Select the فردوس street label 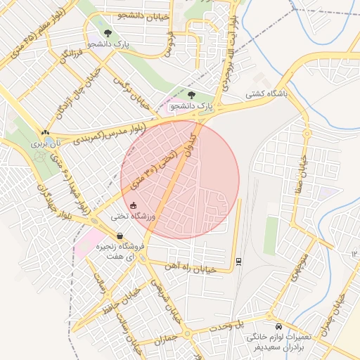(x=169, y=43)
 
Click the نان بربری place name (x=50, y=142)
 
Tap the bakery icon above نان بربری (x=45, y=131)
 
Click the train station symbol (x=239, y=261)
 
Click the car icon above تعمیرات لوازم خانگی (x=279, y=327)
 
